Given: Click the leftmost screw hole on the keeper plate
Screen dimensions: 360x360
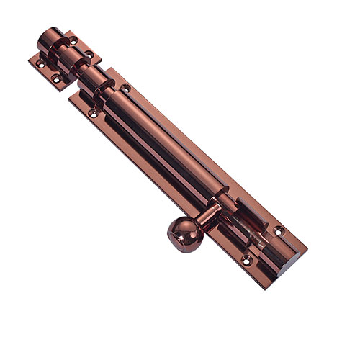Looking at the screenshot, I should click(40, 63).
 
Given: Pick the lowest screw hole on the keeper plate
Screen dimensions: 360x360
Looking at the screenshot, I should click(55, 77).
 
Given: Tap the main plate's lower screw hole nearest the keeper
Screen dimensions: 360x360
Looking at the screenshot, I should click(92, 113).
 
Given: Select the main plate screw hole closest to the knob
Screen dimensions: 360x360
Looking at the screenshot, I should click(246, 258).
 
